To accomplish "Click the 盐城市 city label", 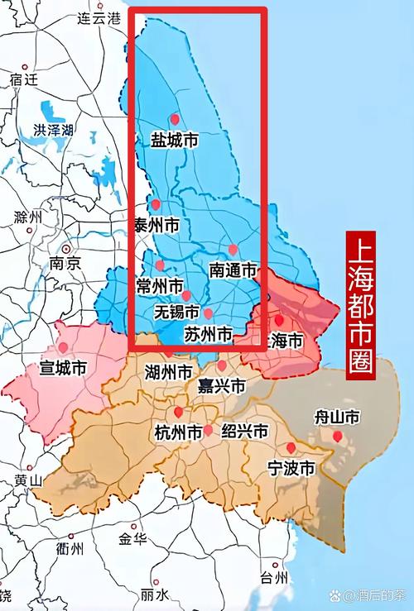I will pos(174,141).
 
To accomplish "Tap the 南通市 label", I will pos(233,270).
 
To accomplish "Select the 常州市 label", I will pos(160,286).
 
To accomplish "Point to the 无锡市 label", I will pos(177,313).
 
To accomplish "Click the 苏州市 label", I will pos(208,334).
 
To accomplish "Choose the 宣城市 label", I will pos(63,368).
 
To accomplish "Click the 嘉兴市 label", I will pos(222,386).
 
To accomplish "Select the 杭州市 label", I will pos(178,432).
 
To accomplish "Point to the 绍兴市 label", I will pos(244,432).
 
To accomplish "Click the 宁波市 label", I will pos(291,468).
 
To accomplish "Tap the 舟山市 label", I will pos(337,418).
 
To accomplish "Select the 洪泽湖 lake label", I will pos(54,131).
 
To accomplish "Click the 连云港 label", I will pos(99,17).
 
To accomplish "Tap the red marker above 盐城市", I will pos(174,119).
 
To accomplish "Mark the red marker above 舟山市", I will pos(337,436).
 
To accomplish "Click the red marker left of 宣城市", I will pos(63,348).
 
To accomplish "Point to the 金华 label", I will pos(132,539).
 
